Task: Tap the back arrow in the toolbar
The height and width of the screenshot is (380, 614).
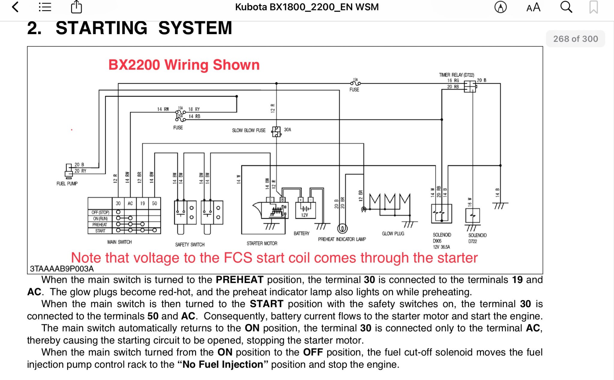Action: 15,7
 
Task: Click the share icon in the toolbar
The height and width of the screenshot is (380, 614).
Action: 76,7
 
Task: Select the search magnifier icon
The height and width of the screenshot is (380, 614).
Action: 566,7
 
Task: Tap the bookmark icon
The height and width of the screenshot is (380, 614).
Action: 593,7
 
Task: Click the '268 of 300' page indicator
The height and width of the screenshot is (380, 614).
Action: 575,39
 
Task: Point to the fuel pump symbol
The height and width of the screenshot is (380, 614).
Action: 69,171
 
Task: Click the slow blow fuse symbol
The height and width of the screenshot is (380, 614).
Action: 276,131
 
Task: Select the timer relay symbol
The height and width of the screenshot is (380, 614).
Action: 470,87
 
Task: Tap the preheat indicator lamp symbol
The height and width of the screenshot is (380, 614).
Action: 342,229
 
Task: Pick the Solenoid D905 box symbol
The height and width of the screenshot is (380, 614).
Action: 441,214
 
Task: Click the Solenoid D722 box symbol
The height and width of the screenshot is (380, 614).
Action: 472,215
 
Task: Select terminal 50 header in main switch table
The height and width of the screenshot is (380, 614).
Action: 154,203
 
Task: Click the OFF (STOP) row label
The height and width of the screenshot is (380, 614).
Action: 100,212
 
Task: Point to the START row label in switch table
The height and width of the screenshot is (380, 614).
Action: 100,231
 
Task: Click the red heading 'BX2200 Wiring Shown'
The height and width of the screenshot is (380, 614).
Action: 184,65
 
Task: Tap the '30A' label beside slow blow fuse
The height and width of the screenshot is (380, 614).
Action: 288,130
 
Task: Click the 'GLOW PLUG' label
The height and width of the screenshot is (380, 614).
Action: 393,233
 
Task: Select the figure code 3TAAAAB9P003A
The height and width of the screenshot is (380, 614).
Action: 62,269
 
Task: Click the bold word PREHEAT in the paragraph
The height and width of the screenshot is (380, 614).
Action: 239,280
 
